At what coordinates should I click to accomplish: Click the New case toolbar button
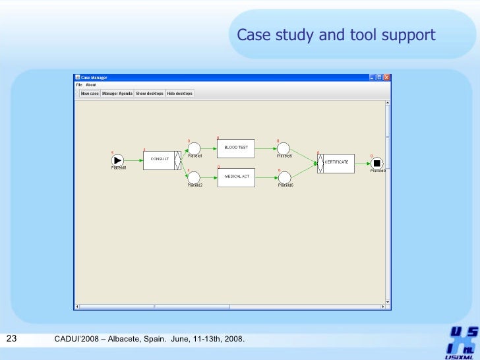[x=90, y=94]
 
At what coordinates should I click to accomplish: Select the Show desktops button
[x=150, y=94]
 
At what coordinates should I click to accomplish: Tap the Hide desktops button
[x=179, y=94]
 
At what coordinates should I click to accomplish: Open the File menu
[x=79, y=85]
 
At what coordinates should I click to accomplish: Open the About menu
[x=91, y=85]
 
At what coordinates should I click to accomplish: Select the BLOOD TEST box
[x=236, y=148]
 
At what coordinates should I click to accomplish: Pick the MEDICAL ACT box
[x=236, y=177]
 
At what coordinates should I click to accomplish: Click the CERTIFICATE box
[x=337, y=163]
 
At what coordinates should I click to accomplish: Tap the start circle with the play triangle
[x=118, y=160]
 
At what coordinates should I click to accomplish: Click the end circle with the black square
[x=376, y=164]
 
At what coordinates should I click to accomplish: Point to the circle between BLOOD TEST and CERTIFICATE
[x=284, y=149]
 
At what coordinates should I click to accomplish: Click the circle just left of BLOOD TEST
[x=194, y=149]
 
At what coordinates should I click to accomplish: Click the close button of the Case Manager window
[x=387, y=77]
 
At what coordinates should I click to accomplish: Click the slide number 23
[x=11, y=339]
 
